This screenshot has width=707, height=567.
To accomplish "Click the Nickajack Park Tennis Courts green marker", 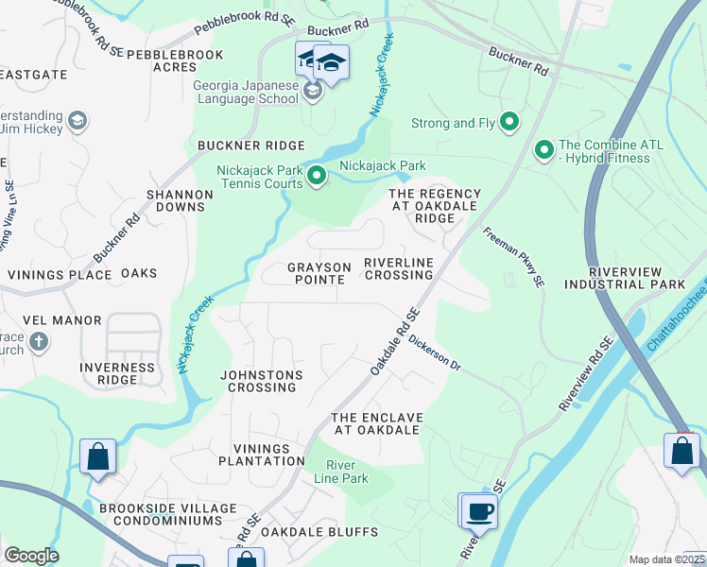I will pyautogui.click(x=317, y=175).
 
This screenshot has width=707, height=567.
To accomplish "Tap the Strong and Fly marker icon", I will pyautogui.click(x=509, y=122).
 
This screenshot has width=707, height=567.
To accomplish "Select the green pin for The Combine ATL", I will pyautogui.click(x=544, y=149).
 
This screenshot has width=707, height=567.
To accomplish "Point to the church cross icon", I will pyautogui.click(x=38, y=341).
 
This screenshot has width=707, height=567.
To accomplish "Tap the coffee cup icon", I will pyautogui.click(x=480, y=512).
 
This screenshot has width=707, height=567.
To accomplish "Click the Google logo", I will pyautogui.click(x=31, y=556).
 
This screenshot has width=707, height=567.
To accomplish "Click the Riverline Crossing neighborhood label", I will pyautogui.click(x=398, y=267).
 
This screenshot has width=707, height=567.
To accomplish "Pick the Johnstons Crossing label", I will pyautogui.click(x=262, y=381).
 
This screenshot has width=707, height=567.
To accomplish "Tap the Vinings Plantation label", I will pyautogui.click(x=262, y=455).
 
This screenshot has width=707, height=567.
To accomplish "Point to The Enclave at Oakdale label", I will pyautogui.click(x=375, y=423).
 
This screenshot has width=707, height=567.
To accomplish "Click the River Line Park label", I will pyautogui.click(x=347, y=472).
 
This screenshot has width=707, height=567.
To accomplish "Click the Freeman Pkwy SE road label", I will pyautogui.click(x=514, y=256).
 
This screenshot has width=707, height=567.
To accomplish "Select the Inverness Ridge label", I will pyautogui.click(x=116, y=373).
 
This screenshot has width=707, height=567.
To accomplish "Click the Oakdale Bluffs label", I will pyautogui.click(x=319, y=532).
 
